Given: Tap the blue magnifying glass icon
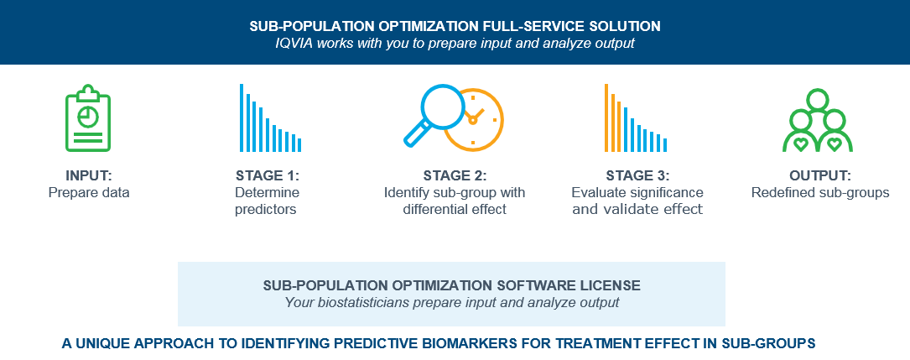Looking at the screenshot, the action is [435, 115].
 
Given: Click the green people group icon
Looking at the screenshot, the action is [817, 120].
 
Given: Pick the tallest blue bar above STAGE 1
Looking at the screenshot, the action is [242, 117].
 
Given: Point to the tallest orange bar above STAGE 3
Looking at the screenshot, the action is [606, 117].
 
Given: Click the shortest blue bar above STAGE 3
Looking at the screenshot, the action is [665, 145].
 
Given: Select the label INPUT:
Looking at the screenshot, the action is [88, 175].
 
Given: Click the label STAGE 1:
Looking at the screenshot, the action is [268, 175].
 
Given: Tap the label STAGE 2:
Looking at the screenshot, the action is [455, 175].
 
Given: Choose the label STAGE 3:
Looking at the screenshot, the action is [637, 175].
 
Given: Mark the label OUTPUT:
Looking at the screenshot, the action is [820, 175].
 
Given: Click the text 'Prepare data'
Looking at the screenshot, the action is [89, 193].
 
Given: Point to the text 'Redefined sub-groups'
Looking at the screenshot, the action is [820, 193].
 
